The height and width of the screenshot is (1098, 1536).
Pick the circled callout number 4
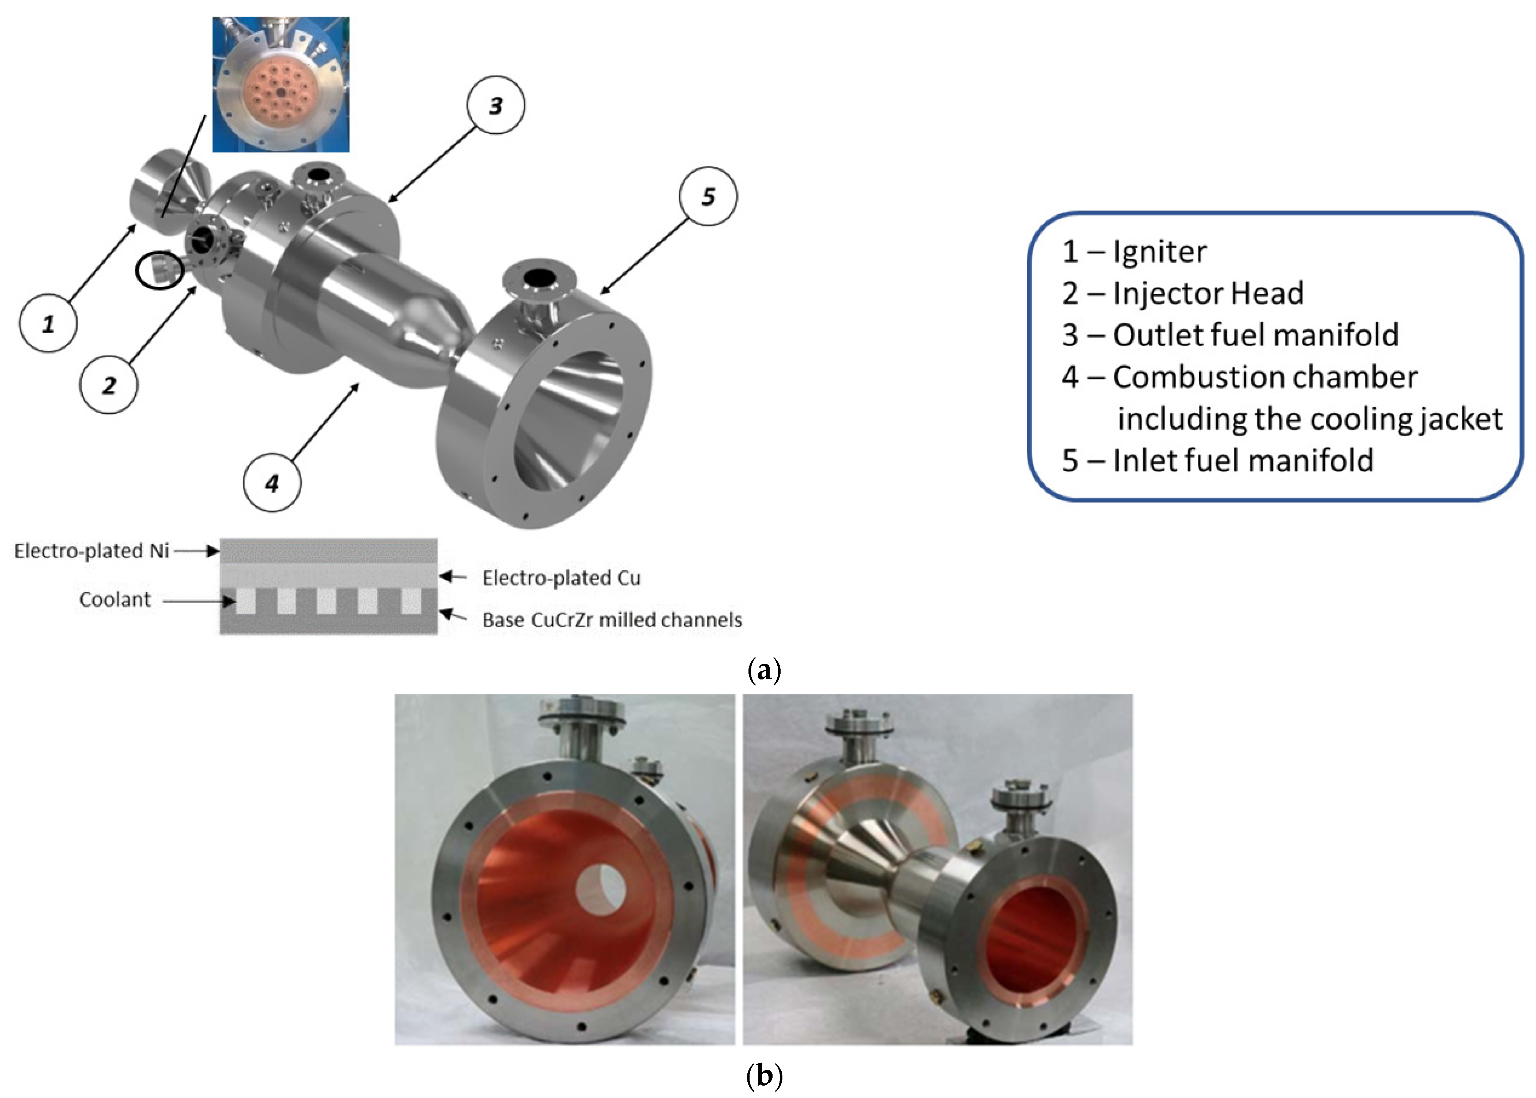click(x=272, y=483)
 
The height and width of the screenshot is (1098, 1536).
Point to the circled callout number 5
click(x=708, y=196)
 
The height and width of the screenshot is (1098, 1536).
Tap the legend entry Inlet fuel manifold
click(x=1217, y=461)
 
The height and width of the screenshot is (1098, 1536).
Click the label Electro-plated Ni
click(x=91, y=551)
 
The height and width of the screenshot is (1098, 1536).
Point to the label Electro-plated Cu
click(x=561, y=578)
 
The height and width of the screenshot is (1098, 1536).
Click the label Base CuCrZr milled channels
click(x=612, y=620)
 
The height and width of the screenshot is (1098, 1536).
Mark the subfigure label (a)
click(x=765, y=671)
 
